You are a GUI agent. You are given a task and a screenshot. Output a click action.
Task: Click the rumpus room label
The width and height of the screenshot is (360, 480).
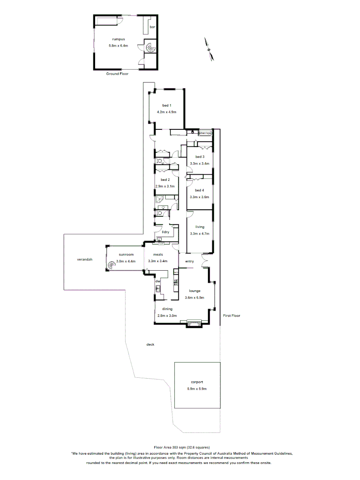coord(118,39)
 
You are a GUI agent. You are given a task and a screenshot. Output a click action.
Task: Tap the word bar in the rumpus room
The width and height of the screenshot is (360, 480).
coord(152,28)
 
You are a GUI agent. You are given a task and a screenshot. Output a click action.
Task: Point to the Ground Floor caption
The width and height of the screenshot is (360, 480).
coord(117,74)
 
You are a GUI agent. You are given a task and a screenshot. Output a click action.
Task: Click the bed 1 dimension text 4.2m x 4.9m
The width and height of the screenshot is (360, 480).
coord(167,112)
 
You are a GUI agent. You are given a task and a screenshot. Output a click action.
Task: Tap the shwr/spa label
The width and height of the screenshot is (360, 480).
coord(205,133)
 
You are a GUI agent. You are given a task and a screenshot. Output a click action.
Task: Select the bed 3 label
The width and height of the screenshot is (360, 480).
coord(200,157)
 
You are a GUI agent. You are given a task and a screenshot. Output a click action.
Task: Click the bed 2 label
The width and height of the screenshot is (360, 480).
coord(166,180)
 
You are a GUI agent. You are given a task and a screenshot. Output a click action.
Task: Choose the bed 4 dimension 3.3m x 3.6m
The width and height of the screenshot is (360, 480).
coord(199,197)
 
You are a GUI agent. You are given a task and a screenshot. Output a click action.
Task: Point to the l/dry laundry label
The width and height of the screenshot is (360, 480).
coord(166,232)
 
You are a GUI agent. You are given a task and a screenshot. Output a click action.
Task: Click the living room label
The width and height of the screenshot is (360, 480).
coord(200,227)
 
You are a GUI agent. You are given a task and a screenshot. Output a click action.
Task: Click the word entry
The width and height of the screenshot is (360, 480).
coord(189,261)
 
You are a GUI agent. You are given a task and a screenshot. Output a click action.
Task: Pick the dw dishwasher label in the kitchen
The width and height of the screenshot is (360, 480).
coord(157,281)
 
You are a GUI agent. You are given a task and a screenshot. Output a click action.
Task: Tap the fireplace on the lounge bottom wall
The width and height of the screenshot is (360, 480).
coord(194,323)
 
